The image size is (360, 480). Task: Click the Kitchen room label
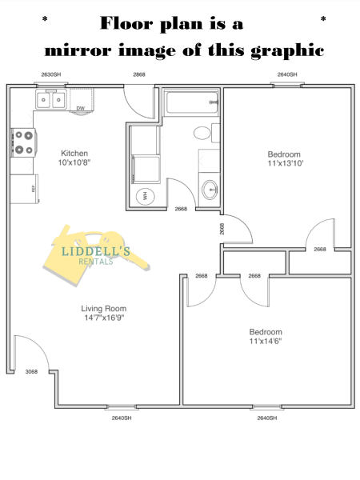pyautogui.click(x=74, y=153)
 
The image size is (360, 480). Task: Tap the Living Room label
pyautogui.click(x=104, y=309)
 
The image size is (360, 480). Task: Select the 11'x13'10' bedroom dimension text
pyautogui.click(x=286, y=163)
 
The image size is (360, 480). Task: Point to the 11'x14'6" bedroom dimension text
pyautogui.click(x=266, y=341)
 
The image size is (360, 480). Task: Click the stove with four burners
pyautogui.click(x=23, y=142)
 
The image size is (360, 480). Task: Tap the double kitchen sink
pyautogui.click(x=51, y=99)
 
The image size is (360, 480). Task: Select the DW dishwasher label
pyautogui.click(x=81, y=108)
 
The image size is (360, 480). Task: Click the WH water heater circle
pyautogui.click(x=145, y=196)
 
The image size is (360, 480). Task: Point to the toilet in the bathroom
pyautogui.click(x=206, y=133)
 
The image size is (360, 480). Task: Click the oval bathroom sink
pyautogui.click(x=210, y=190)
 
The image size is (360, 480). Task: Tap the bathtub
pyautogui.click(x=192, y=102)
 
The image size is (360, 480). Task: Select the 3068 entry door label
pyautogui.click(x=31, y=372)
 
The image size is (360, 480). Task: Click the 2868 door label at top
pyautogui.click(x=139, y=74)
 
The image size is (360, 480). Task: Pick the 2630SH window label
pyautogui.click(x=51, y=74)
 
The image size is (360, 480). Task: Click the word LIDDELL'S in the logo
pyautogui.click(x=96, y=252)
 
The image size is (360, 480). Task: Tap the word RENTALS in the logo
pyautogui.click(x=96, y=262)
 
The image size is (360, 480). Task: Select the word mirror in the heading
pyautogui.click(x=78, y=50)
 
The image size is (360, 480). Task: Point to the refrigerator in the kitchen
pyautogui.click(x=25, y=189)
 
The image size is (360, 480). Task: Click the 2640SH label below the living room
pyautogui.click(x=122, y=418)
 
